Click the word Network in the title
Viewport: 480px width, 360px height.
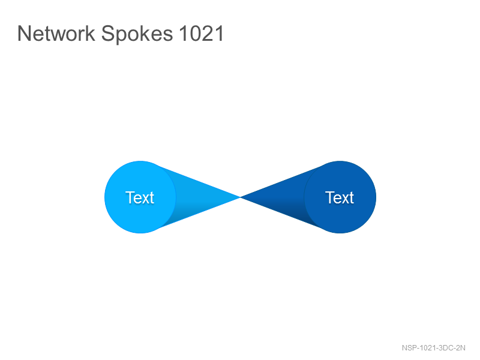tap(56, 33)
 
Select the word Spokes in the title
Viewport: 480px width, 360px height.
tap(137, 35)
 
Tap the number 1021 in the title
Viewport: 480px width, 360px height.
tap(202, 33)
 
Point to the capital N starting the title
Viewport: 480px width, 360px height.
tap(24, 33)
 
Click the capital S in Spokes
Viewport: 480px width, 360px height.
tap(108, 33)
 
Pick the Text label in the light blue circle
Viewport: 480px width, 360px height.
tap(140, 197)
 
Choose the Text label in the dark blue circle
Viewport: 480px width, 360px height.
tap(340, 197)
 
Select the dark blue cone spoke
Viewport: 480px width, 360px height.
tap(278, 197)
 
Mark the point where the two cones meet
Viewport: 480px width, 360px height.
tap(241, 197)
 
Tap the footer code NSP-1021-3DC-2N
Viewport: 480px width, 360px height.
tap(433, 348)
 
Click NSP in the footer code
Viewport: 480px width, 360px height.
tap(409, 348)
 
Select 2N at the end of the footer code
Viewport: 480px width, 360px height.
tap(461, 348)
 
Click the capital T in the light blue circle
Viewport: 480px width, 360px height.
tap(130, 197)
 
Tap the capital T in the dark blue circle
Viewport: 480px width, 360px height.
tap(329, 197)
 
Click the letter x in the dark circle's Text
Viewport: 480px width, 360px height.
tap(346, 199)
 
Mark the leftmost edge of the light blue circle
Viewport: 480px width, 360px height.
tap(104, 197)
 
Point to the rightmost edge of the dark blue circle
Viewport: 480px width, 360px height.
tap(376, 197)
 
